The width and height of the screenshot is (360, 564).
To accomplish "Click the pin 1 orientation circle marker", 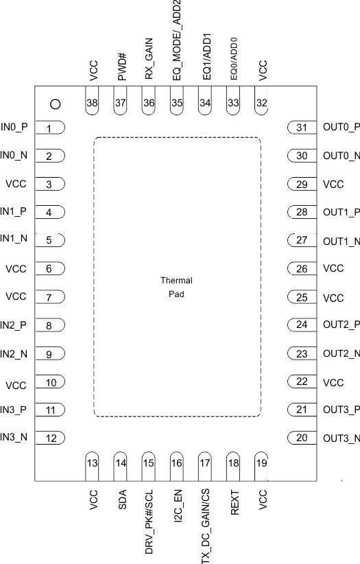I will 56,104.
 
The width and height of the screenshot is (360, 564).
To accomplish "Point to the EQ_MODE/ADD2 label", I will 177,42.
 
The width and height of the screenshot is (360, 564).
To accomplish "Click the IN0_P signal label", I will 14,127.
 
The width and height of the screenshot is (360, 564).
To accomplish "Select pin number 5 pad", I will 49,240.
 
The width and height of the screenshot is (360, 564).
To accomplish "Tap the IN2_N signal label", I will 14,354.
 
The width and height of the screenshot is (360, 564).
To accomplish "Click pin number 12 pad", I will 49,438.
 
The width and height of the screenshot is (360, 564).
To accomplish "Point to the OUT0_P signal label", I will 341,127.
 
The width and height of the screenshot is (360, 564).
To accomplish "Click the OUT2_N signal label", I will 341,354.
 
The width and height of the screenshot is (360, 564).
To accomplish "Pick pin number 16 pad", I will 177,462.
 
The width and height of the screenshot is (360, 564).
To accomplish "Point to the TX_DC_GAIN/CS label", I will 205,524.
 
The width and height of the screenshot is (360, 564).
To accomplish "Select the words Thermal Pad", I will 176,287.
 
